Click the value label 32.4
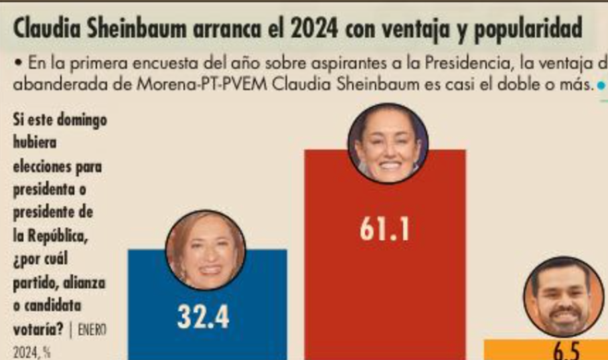pos(203,317)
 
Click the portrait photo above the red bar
pos(388,143)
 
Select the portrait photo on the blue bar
pos(206,250)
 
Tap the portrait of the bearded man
pos(562,300)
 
